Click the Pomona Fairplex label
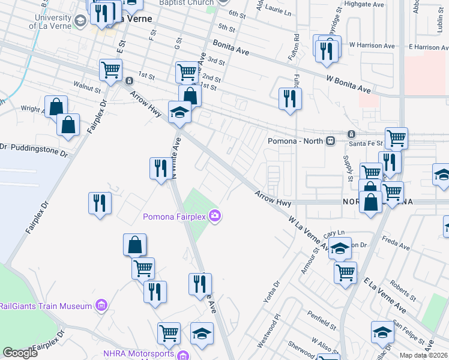(x=174, y=216)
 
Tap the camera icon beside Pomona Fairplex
(x=215, y=216)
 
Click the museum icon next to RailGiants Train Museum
(x=101, y=306)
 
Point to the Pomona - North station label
(x=295, y=140)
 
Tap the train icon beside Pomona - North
(x=330, y=140)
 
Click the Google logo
(x=20, y=353)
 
